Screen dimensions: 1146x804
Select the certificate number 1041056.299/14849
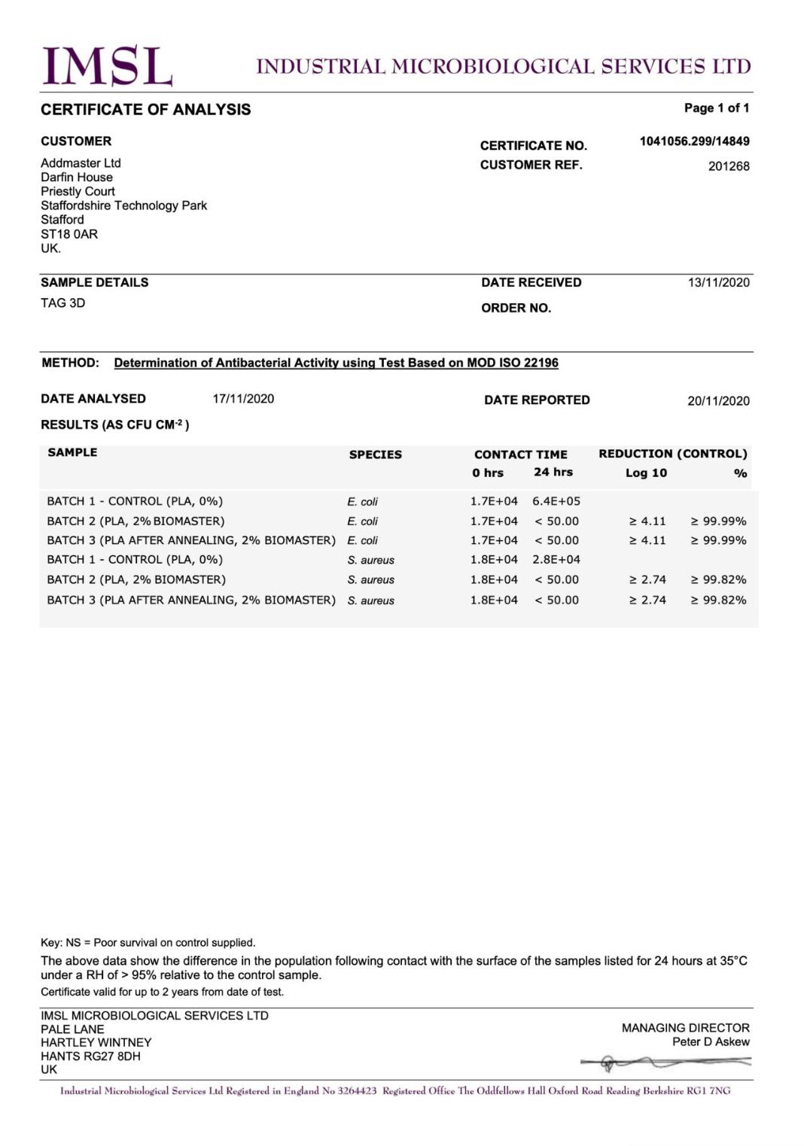click(694, 141)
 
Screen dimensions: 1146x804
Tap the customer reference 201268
click(728, 166)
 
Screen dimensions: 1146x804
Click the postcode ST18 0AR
click(69, 234)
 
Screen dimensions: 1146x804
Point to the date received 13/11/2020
click(718, 282)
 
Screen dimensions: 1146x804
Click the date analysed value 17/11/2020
click(243, 399)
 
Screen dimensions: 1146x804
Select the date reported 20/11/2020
click(718, 400)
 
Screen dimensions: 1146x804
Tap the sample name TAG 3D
click(62, 303)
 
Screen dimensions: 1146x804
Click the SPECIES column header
click(375, 454)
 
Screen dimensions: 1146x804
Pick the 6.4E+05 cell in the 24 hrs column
click(556, 501)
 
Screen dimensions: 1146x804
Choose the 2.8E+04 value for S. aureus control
click(556, 560)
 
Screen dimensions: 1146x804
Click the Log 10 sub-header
click(646, 473)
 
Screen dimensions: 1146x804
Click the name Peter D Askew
click(711, 1042)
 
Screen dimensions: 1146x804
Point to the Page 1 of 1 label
click(716, 108)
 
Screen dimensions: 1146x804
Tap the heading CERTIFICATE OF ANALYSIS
click(145, 110)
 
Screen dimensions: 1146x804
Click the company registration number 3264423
click(357, 1091)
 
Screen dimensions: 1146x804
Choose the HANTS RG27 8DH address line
click(90, 1056)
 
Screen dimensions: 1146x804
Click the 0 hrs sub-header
click(488, 473)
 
